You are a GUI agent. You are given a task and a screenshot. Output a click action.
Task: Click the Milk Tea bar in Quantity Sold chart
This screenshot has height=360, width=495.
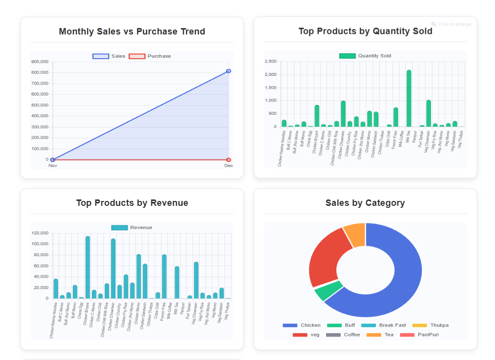(409, 98)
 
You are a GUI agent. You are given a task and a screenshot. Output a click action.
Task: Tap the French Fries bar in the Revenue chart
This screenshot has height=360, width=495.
(164, 276)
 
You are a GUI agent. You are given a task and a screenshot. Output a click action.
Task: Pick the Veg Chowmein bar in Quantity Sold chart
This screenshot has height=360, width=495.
(429, 113)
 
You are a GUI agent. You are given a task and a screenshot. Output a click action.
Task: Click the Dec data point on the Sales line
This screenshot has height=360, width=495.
(229, 71)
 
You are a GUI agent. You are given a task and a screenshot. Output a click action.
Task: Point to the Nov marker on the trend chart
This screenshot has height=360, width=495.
(53, 160)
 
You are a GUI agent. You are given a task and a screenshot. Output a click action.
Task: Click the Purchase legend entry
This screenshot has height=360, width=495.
(150, 56)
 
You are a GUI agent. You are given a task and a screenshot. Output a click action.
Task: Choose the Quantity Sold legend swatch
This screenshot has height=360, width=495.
(347, 56)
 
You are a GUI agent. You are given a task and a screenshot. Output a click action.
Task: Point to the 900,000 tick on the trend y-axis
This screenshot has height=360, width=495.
(39, 62)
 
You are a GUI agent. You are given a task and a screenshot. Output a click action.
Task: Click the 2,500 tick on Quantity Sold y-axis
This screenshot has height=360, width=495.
(270, 62)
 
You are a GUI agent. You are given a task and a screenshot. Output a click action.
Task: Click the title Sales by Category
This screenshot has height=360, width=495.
(365, 203)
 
